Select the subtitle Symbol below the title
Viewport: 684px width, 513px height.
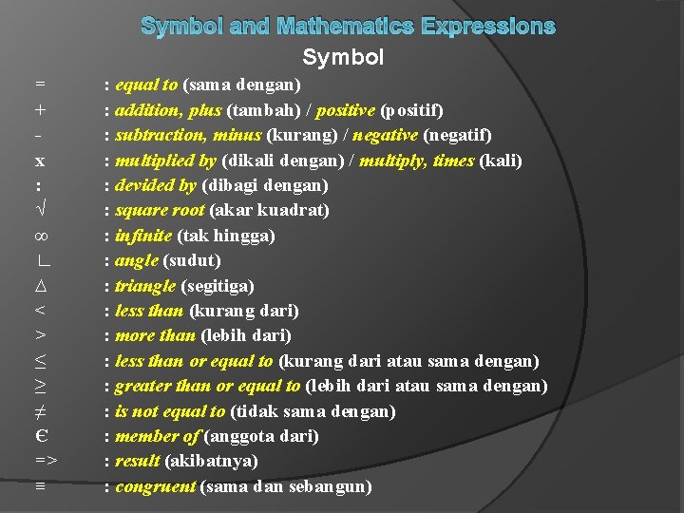coord(343,58)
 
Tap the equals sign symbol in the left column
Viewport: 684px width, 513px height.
coord(40,85)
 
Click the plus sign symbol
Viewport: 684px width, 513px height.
coord(40,110)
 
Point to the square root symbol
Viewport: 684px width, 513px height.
coord(40,210)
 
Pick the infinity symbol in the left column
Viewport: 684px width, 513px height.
coord(40,236)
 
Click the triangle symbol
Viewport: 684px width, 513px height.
coord(40,286)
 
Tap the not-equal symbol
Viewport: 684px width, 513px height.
coord(40,411)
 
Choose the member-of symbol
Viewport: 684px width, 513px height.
coord(40,436)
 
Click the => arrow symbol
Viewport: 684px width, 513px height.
coord(47,462)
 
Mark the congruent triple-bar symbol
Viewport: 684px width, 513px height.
coord(40,486)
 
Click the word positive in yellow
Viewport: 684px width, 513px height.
coord(345,110)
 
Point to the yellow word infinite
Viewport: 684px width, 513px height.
coord(143,236)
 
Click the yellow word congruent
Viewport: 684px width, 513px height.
coord(155,486)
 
